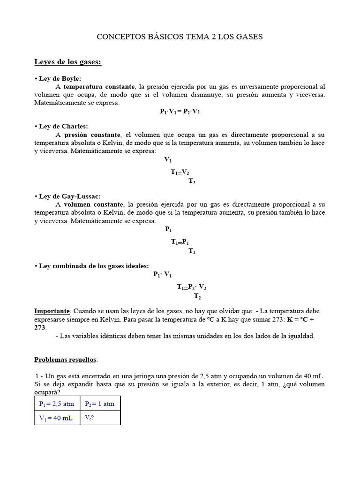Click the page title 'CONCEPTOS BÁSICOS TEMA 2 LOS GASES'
click(180, 37)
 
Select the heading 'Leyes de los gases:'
click(67, 62)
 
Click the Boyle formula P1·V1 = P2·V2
click(180, 111)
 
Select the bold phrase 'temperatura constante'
click(99, 87)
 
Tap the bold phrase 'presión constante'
click(92, 135)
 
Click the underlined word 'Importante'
click(52, 311)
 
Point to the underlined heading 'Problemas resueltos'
click(65, 360)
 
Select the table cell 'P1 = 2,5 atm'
click(56, 404)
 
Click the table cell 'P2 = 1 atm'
click(99, 404)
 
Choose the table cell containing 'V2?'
click(89, 418)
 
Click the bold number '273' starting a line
click(40, 327)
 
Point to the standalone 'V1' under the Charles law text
click(168, 160)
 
